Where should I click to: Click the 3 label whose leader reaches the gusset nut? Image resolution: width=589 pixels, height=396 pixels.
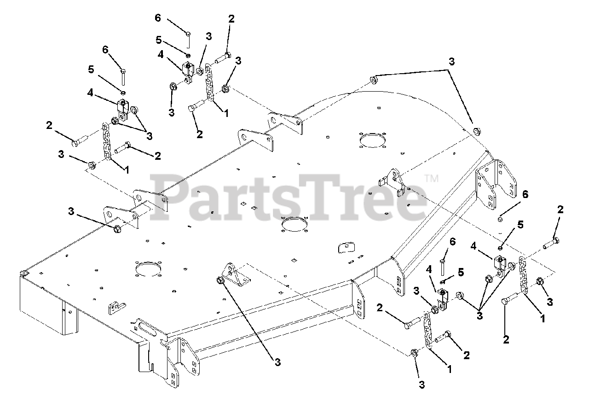[277, 363]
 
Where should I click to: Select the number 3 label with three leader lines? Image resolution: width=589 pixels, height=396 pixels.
[480, 316]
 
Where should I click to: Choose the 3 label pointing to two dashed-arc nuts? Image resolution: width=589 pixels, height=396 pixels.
[451, 62]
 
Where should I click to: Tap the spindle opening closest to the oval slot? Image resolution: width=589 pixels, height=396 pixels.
[147, 268]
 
